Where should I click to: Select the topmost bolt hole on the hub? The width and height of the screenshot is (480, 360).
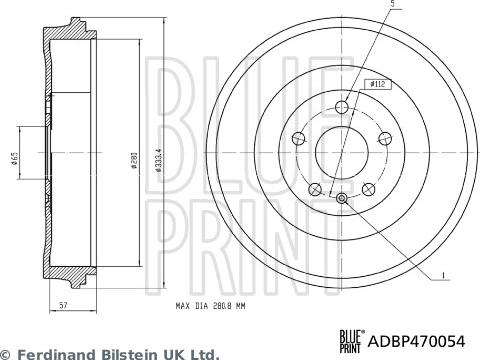pyautogui.click(x=342, y=107)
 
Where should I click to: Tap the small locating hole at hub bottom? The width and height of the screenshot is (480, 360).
pyautogui.click(x=342, y=199)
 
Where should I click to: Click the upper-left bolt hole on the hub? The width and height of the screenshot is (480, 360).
pyautogui.click(x=298, y=139)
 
